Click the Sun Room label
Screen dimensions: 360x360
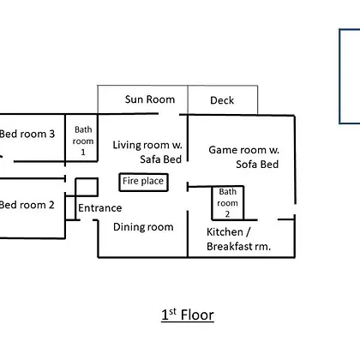click(x=150, y=99)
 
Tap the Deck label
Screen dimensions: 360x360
click(x=222, y=100)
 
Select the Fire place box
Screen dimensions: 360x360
click(x=143, y=174)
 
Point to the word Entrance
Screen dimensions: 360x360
click(x=100, y=208)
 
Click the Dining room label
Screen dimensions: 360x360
click(x=143, y=227)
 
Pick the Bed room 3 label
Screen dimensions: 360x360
click(x=27, y=134)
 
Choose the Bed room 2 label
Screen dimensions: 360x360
click(x=27, y=205)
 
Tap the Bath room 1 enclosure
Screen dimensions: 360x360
click(x=65, y=138)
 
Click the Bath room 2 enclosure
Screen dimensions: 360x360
click(x=212, y=203)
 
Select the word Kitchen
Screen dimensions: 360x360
click(x=225, y=232)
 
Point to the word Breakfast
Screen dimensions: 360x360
click(x=230, y=246)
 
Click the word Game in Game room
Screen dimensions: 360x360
click(x=221, y=150)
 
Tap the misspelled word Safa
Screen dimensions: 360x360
click(x=151, y=159)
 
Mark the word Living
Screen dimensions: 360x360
click(x=127, y=146)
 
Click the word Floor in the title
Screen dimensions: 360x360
click(x=197, y=315)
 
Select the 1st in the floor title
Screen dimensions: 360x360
click(x=169, y=315)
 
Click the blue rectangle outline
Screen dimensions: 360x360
click(x=339, y=76)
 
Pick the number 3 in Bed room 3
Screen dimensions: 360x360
click(x=51, y=134)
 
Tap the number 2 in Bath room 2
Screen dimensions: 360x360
click(x=227, y=214)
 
